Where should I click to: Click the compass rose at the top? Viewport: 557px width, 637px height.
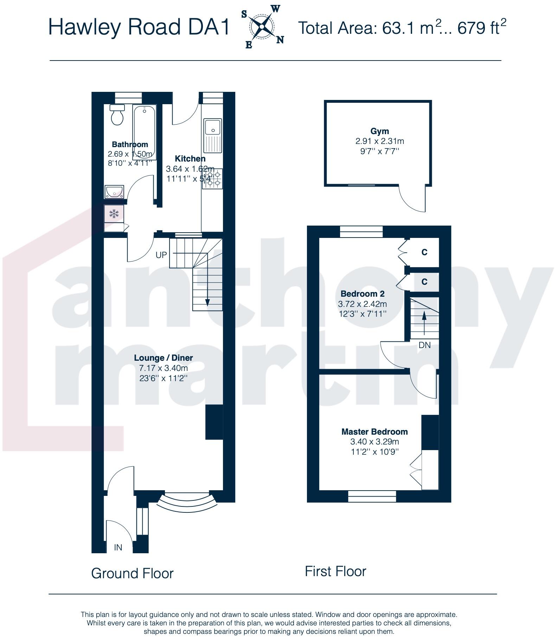pos(262,27)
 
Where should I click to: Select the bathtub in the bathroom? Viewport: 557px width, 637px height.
pos(144,132)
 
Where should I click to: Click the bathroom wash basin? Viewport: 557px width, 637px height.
pos(114,192)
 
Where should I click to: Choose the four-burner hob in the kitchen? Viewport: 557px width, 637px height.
pos(212,178)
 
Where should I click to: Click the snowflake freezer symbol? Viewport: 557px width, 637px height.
pos(114,213)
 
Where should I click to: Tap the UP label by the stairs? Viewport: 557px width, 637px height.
pos(161,255)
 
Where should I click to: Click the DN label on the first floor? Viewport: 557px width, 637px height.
pos(424,345)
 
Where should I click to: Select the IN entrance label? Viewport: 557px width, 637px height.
pos(118,548)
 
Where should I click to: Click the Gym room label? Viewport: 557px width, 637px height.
pos(380,132)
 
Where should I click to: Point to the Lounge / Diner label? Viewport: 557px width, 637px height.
pos(164,358)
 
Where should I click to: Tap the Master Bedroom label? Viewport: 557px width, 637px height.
pos(374,432)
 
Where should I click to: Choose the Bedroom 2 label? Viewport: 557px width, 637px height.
pos(363,294)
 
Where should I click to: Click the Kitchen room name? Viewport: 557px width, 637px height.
pos(190,159)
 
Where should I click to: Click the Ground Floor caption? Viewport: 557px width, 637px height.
pos(133,573)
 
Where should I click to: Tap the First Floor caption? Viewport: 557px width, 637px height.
pos(335,571)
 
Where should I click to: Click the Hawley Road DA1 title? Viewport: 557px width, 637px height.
pos(139,27)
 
